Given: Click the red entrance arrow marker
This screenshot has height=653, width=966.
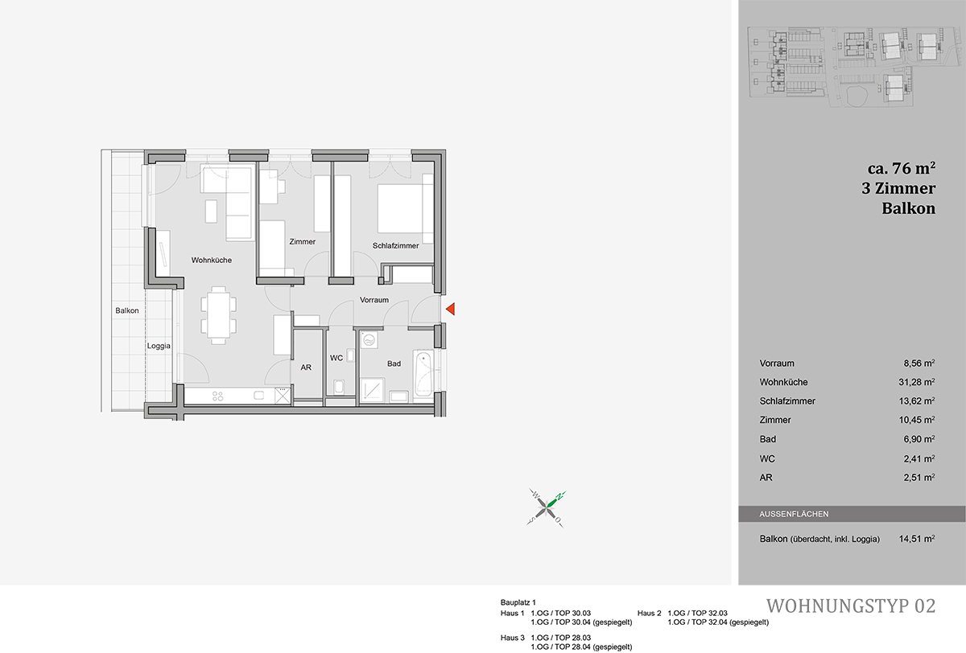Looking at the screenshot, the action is tap(451, 309).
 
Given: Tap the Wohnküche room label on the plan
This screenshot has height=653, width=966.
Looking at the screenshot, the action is tap(211, 261).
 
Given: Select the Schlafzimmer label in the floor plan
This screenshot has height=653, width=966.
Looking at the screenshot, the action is tap(395, 245).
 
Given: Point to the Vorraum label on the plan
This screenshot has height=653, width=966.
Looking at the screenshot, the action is tap(374, 300).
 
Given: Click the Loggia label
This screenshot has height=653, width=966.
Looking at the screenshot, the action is tap(159, 346).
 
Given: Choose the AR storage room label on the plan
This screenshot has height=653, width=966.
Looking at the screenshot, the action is tap(306, 368).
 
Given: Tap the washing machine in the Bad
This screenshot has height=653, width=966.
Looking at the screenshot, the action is tap(369, 340).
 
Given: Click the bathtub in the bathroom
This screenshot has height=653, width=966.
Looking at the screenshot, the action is tap(423, 374).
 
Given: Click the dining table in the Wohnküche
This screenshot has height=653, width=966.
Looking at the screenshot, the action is tap(218, 315).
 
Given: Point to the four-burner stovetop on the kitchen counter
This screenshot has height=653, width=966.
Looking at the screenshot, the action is tap(218, 396).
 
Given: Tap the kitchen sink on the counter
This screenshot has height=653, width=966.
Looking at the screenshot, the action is tap(258, 396).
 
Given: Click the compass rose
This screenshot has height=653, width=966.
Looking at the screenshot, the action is tap(546, 508).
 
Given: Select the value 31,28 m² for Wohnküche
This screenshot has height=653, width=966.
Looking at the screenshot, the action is tap(917, 382).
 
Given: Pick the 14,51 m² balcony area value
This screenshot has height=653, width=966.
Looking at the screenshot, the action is tap(917, 539).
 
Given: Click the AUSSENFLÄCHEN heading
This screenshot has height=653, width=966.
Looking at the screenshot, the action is tap(794, 514).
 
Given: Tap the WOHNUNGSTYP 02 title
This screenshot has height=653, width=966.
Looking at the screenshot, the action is tap(850, 606).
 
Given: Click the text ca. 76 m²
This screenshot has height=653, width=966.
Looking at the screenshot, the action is tap(902, 168).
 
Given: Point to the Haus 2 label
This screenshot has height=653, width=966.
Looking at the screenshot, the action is tap(649, 613).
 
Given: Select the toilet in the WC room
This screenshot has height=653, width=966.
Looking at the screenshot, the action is tap(339, 386).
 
